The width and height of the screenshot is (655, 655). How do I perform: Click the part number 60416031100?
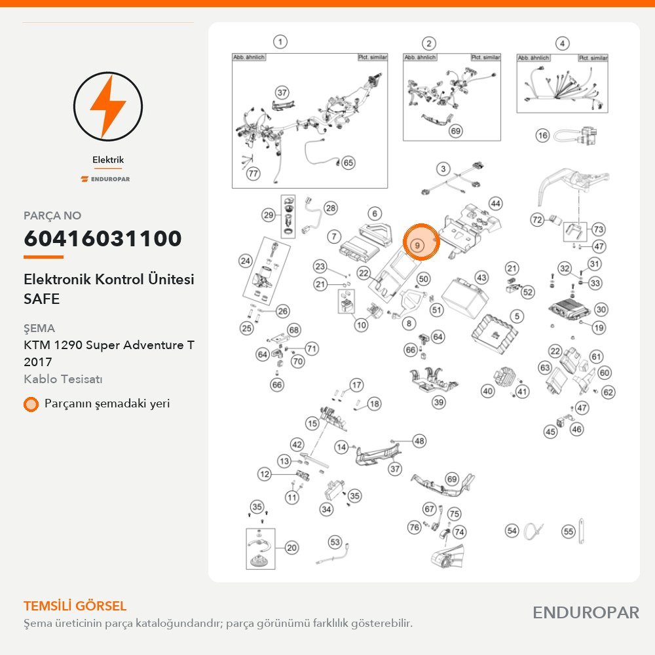pos(103,238)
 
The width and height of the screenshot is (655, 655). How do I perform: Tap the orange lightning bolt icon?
pos(108,106)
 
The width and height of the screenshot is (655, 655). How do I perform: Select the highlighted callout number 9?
pos(417,245)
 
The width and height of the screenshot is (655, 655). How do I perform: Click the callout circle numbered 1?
pos(280,42)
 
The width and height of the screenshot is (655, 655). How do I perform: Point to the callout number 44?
pos(495,204)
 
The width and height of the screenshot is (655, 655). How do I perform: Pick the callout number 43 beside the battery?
pos(481,277)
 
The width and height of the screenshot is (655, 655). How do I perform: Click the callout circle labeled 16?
pos(542,136)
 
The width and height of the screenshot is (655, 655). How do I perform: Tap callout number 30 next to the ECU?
pos(601,310)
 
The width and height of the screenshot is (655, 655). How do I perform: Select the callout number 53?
pos(335,542)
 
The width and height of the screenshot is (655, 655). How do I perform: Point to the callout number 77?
pos(253,173)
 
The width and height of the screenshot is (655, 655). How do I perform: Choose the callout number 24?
pos(245,261)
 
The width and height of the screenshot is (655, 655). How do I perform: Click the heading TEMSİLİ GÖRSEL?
pos(75,606)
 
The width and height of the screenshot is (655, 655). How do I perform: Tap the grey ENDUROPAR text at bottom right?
pos(586,613)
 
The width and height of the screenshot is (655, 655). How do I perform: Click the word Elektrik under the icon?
pos(108,160)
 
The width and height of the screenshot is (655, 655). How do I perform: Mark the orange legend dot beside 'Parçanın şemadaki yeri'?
pos(31,404)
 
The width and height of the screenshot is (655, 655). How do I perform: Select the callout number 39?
pos(438,402)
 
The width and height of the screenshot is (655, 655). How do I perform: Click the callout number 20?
pos(291,548)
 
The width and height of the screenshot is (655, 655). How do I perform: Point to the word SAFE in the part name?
pos(42,299)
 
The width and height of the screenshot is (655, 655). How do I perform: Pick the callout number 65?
pos(348,162)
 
